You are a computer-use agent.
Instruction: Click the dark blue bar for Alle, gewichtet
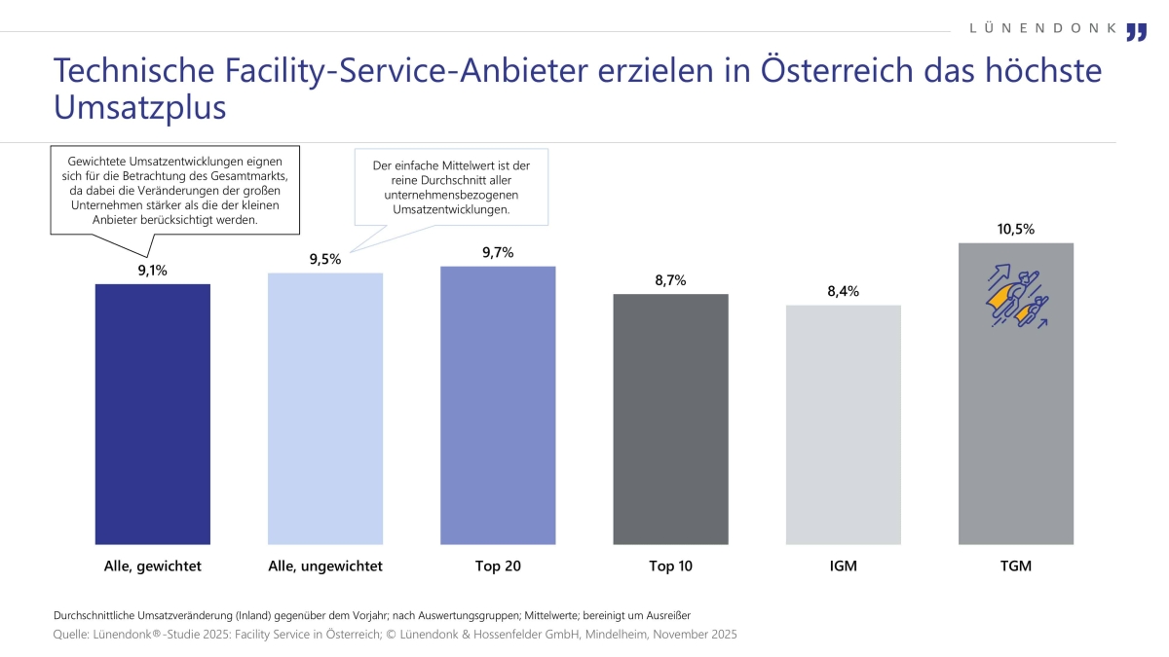tap(153, 414)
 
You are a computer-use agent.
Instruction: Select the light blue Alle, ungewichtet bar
tap(325, 409)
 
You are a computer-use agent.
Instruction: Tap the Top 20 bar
tap(498, 405)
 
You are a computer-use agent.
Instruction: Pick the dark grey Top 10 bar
tap(670, 419)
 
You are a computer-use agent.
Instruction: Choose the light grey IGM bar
tap(844, 424)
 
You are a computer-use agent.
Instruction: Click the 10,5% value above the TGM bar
tap(1016, 230)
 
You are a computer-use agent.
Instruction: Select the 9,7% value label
tap(497, 252)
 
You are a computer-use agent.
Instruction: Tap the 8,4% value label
tap(843, 291)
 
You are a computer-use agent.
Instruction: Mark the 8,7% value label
tap(670, 280)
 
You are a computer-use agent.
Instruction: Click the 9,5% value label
tap(324, 259)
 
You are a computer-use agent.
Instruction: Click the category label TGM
tap(1016, 566)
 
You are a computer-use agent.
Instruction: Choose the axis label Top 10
tap(670, 566)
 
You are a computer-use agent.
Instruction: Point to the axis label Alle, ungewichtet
tap(325, 566)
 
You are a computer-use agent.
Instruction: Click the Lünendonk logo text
tap(1043, 28)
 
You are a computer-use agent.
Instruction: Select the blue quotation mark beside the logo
tap(1136, 32)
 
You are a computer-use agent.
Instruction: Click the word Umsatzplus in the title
tap(139, 107)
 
